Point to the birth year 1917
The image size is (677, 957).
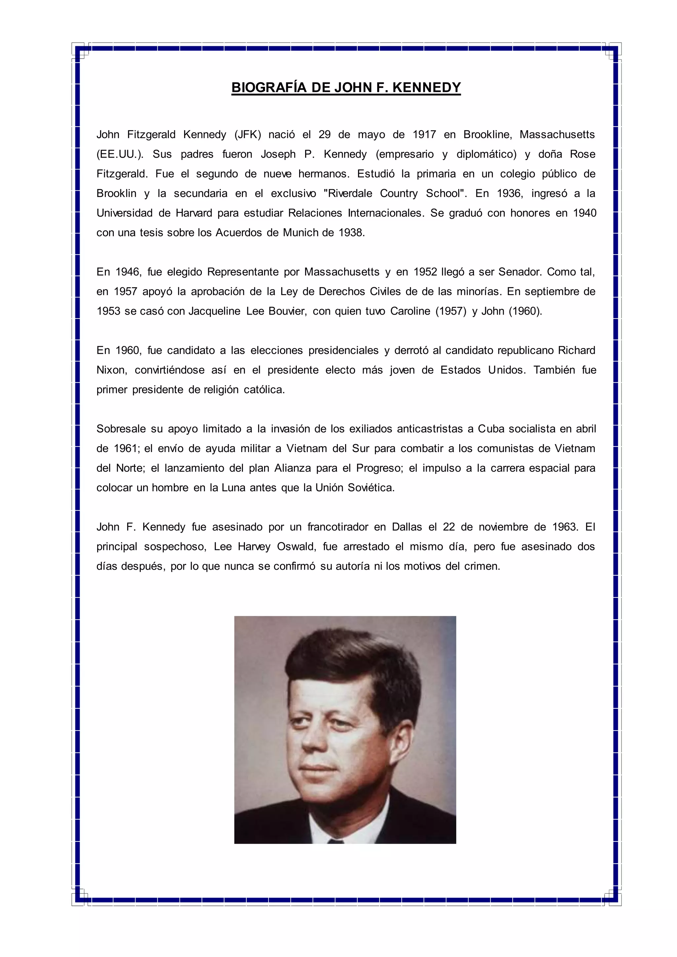pos(424,134)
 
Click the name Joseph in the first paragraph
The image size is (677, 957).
pos(278,154)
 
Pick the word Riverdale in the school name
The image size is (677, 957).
pos(350,193)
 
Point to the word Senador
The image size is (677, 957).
pos(520,272)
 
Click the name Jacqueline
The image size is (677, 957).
pos(214,311)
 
